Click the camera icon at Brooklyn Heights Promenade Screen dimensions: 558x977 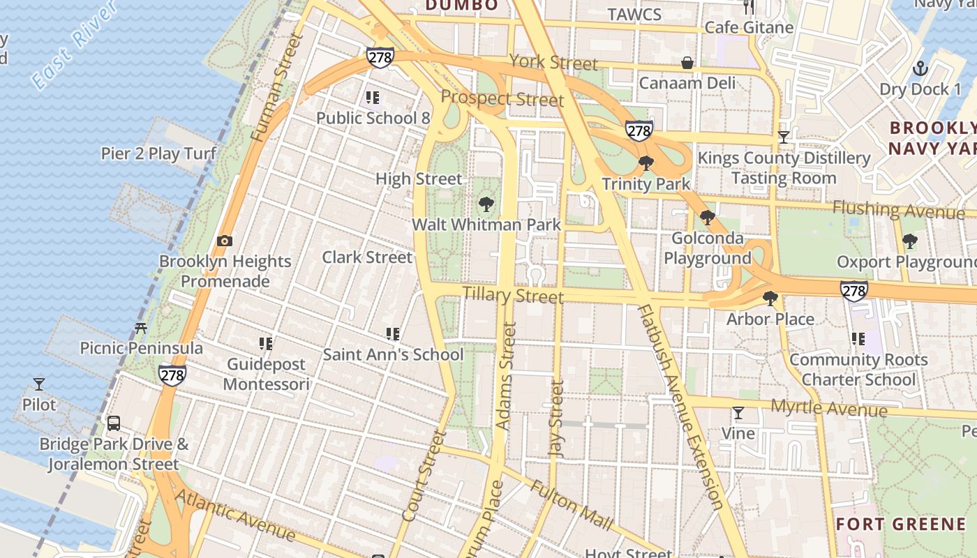pos(224,241)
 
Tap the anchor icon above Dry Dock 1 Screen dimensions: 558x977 pos(920,68)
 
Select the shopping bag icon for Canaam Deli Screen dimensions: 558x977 pos(687,63)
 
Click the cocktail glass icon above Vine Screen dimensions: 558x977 pos(738,413)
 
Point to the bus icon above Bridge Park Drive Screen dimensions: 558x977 pos(113,423)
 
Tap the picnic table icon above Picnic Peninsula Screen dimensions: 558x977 pos(141,327)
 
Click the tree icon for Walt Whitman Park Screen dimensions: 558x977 pos(486,204)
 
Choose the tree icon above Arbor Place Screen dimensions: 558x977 pos(770,299)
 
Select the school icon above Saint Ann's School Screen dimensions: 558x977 pos(393,334)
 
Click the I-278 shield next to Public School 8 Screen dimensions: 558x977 pos(380,57)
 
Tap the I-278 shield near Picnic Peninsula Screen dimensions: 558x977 pos(172,375)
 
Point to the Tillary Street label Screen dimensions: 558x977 pos(513,295)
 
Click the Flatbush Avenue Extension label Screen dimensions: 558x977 pos(680,407)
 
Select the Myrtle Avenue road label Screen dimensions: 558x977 pos(828,407)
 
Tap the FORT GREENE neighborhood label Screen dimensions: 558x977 pos(900,524)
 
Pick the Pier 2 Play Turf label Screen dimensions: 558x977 pos(158,153)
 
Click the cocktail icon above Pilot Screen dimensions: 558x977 pos(39,384)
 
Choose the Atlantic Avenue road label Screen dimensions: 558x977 pos(234,515)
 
